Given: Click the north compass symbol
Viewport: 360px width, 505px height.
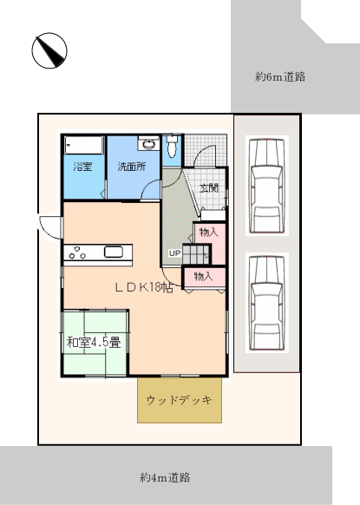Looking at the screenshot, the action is [x=49, y=50].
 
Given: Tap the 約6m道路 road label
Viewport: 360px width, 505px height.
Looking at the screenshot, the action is [x=280, y=76].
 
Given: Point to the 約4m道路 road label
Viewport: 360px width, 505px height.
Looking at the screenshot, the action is [x=165, y=477].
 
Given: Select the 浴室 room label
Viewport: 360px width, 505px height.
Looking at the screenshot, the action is [x=82, y=167].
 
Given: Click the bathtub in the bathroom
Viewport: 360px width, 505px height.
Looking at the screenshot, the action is [x=84, y=145].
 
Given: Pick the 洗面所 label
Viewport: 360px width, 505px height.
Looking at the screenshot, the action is [x=132, y=167].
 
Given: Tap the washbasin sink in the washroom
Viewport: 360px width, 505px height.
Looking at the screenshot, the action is [x=148, y=144].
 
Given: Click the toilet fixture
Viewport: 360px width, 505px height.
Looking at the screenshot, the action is [x=173, y=146].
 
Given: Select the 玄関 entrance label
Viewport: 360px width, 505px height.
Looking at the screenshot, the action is [x=209, y=187].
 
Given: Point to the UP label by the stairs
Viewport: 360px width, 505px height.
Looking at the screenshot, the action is [x=175, y=253].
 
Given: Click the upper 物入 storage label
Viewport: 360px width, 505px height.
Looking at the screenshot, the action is [x=208, y=232].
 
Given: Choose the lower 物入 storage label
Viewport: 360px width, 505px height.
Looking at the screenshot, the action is [x=203, y=276].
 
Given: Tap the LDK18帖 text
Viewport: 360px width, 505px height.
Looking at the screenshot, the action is [x=145, y=287].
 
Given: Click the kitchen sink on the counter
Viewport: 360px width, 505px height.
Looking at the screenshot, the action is [x=114, y=252].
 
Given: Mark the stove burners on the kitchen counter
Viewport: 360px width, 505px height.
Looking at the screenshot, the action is [x=77, y=252].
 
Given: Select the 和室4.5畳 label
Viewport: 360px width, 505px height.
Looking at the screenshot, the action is [x=94, y=342].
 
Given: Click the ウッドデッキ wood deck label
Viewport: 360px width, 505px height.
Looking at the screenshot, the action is [x=180, y=400].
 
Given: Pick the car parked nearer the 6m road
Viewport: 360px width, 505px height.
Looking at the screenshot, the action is [x=267, y=185].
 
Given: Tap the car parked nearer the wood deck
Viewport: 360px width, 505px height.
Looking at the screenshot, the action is [x=267, y=303].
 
